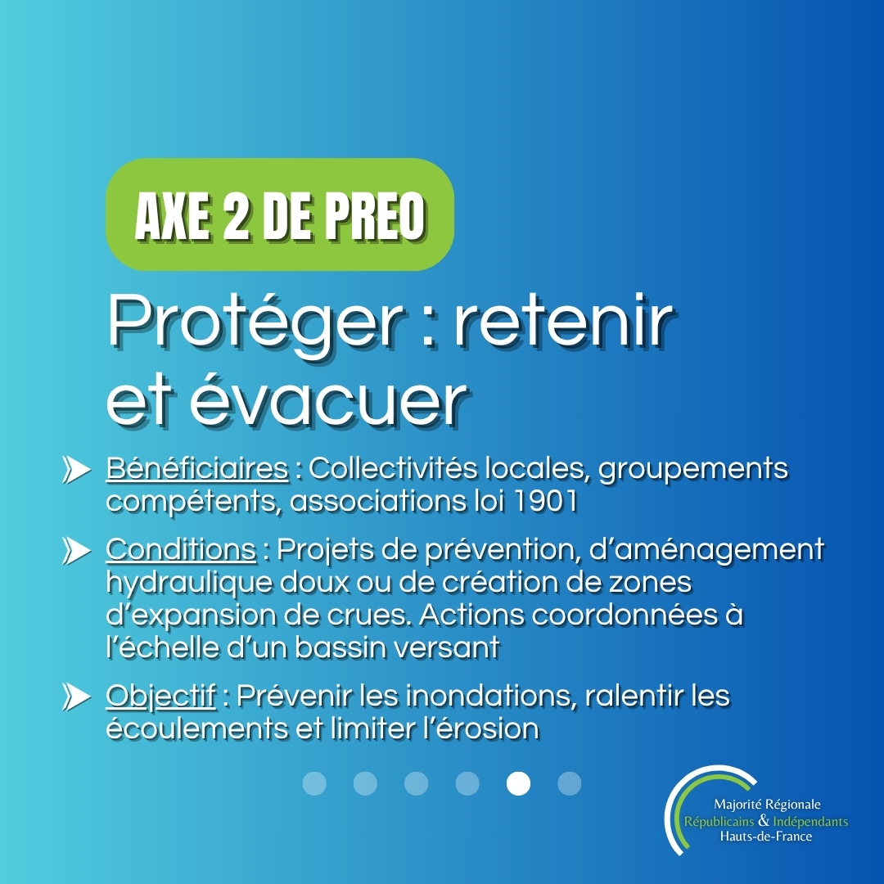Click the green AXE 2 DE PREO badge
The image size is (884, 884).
280,215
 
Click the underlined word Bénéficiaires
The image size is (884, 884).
197,470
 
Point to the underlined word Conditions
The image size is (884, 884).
181,550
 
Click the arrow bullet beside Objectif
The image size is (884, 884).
76,698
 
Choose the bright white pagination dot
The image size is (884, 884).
518,783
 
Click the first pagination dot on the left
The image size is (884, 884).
314,783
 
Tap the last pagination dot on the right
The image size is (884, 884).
569,783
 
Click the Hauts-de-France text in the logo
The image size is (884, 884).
765,837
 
